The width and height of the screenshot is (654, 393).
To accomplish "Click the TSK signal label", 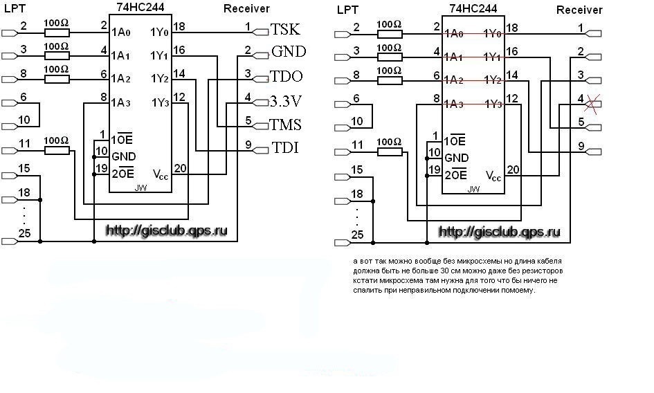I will tap(285, 30).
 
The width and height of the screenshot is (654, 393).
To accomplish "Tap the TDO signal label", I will tap(287, 76).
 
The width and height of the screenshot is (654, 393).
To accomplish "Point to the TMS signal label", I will tap(287, 125).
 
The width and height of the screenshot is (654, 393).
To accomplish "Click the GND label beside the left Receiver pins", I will tap(289, 53).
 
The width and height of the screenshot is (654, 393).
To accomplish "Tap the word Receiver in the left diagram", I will tap(246, 8).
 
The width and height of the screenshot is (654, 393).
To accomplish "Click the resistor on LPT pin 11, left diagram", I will tap(56, 149).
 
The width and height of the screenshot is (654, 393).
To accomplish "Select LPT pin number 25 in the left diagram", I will tap(25, 234).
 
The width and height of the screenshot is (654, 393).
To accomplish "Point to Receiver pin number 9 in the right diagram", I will tap(581, 146).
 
